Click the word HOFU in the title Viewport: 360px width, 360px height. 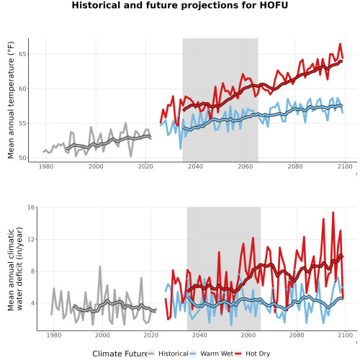274,5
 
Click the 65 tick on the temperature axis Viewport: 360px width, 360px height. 22,54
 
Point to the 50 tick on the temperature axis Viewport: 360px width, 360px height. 22,158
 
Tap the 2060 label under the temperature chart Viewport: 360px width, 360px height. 246,166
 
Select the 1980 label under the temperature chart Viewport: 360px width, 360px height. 46,166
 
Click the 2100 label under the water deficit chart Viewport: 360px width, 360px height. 345,335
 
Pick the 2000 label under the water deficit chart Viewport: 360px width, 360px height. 102,335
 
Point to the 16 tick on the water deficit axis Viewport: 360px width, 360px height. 31,207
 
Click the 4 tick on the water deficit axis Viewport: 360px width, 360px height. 33,303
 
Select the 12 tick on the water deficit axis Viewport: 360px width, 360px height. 31,239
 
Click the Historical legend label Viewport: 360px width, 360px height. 174,354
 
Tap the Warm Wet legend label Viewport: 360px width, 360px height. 217,354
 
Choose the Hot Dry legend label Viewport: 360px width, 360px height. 258,354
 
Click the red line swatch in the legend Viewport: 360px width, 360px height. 238,354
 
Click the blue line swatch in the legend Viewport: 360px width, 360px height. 193,354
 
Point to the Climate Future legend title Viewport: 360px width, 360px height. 120,354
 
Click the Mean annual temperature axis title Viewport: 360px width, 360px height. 11,100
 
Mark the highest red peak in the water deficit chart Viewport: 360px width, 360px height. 333,212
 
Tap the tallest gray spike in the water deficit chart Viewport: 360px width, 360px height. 100,266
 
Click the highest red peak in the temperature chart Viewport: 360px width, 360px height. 340,44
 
